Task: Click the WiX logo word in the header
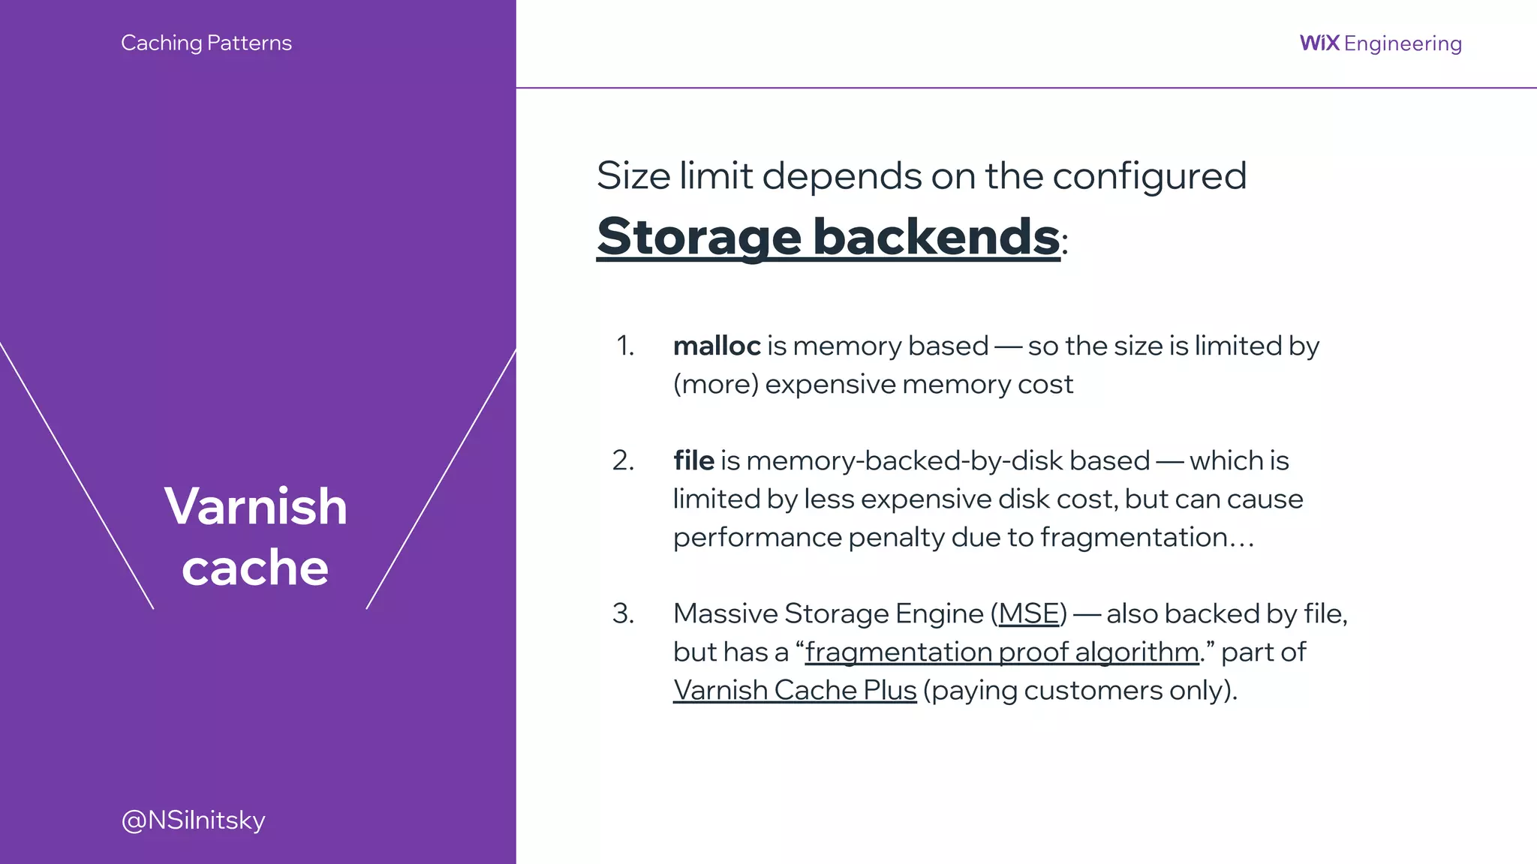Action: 1319,43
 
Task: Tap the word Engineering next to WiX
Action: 1403,43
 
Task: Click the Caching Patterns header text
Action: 206,43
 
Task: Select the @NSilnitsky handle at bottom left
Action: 193,820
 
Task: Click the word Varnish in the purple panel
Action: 256,505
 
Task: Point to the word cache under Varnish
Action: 255,567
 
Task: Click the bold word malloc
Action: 717,346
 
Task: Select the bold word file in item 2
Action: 693,460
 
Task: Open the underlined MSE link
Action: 1028,613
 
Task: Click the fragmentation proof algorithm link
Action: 1001,652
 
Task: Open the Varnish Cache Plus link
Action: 795,690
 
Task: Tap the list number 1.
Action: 624,346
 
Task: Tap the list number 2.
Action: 623,460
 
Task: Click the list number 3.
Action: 623,613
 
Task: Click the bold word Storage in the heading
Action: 699,236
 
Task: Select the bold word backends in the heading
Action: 936,236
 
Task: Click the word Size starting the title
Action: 633,176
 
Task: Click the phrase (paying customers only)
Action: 1079,690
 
